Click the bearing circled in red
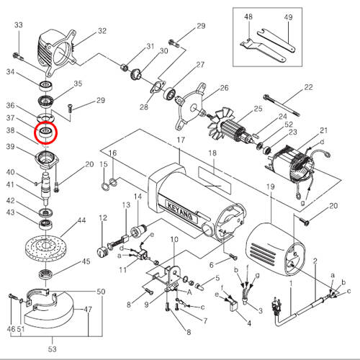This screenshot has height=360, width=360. (45, 132)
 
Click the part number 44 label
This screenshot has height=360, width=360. (81, 220)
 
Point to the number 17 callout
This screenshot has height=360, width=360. (181, 140)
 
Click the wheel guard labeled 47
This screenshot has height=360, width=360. (48, 312)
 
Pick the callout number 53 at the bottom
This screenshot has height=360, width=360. (53, 349)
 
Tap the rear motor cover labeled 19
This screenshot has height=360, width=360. (274, 250)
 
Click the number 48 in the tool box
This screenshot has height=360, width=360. (248, 17)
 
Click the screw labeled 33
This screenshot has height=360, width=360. (18, 57)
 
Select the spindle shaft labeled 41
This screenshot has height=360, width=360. (46, 187)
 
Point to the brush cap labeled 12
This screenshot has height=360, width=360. (102, 252)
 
